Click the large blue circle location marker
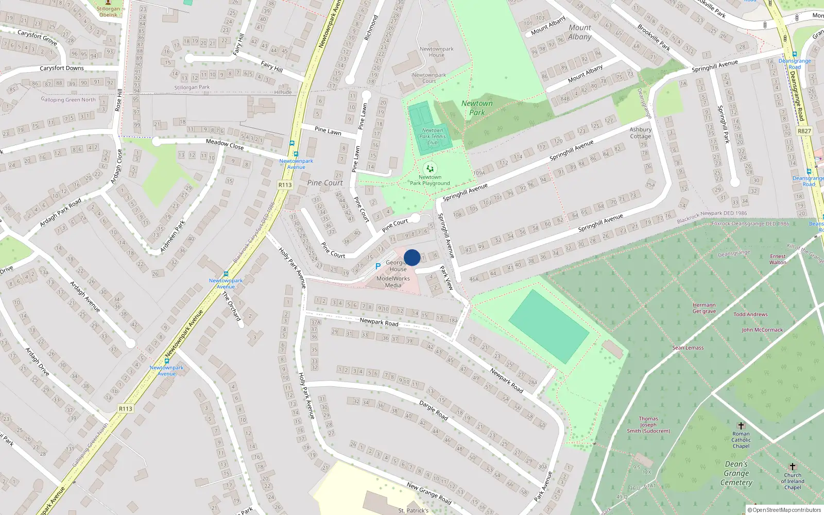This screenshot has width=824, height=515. [x=412, y=257]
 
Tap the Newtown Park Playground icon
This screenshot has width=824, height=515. [x=430, y=168]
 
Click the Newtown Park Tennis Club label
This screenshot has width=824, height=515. [x=432, y=136]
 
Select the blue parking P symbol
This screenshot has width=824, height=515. [x=377, y=266]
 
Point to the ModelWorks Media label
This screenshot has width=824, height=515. [x=393, y=282]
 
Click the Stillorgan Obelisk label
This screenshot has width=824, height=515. [x=108, y=12]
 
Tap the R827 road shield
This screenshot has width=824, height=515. [x=804, y=131]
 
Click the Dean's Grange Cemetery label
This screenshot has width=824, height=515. [x=736, y=473]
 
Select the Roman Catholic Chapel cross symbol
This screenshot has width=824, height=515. [x=741, y=426]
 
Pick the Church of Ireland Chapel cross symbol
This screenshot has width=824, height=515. [x=793, y=467]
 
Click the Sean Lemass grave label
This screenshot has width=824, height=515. [x=688, y=348]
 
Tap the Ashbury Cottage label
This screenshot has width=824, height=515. [x=640, y=133]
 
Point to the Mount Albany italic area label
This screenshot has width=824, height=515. [x=580, y=32]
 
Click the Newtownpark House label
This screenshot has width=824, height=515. [x=436, y=52]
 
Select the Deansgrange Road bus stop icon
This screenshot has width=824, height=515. [x=794, y=54]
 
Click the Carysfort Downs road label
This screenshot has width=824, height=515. [x=62, y=68]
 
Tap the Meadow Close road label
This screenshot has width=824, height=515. [x=225, y=144]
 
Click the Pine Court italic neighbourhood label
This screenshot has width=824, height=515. [x=325, y=183]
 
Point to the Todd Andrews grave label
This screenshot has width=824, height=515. [x=750, y=314]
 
